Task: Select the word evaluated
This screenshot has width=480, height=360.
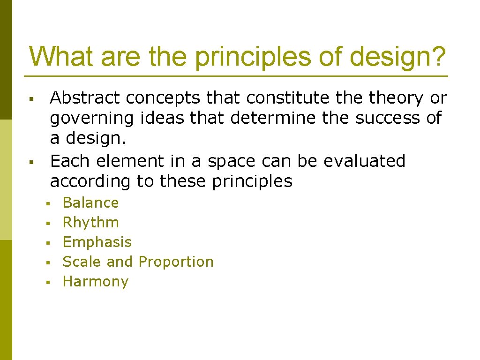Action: click(364, 161)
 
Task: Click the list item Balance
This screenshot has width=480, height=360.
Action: click(90, 202)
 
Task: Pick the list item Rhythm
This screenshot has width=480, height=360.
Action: click(90, 223)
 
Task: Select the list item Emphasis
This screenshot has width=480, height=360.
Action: click(97, 242)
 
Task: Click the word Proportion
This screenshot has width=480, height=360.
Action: click(176, 262)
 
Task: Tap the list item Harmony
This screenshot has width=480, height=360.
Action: click(95, 282)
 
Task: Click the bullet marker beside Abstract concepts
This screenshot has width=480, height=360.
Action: click(30, 99)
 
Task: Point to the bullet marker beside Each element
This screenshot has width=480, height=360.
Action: click(30, 162)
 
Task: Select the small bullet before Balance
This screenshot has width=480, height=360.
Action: click(47, 204)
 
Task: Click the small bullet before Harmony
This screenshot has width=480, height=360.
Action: click(47, 283)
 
